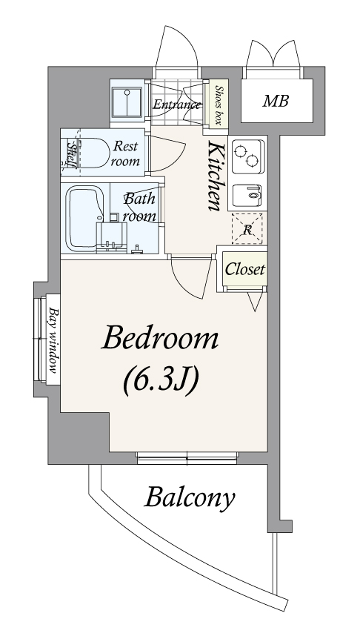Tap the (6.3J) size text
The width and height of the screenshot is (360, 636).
[x=161, y=381]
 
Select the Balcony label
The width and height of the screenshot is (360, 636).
[x=190, y=497]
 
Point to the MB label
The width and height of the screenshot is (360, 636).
[x=276, y=101]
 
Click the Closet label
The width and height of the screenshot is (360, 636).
[x=245, y=269]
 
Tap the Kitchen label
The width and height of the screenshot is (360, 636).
[x=215, y=176]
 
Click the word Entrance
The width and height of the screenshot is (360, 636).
[x=177, y=105]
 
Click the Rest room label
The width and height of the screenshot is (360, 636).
[x=125, y=153]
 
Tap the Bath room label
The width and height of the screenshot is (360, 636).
[x=139, y=208]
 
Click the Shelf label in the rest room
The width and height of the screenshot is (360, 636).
[x=73, y=154]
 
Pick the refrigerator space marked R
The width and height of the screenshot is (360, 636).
[x=247, y=229]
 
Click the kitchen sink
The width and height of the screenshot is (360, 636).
[x=247, y=195]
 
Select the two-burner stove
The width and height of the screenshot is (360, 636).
[x=247, y=156]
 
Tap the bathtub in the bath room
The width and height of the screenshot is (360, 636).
[x=84, y=218]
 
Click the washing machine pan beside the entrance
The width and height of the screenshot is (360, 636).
[x=127, y=103]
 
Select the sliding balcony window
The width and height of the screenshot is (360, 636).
[x=187, y=458]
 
